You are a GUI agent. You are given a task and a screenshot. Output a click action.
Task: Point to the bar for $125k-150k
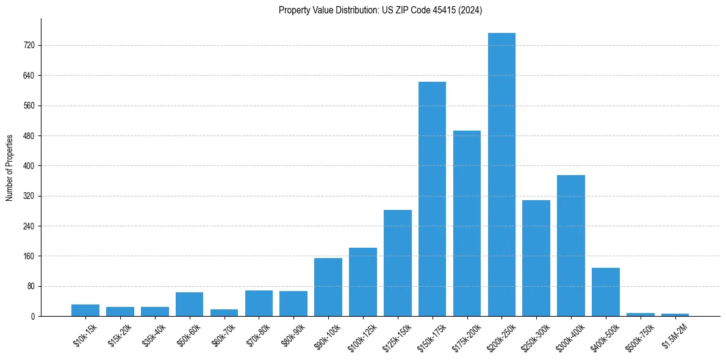[x=397, y=263]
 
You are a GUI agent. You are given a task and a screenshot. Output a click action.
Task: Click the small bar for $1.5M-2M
[x=675, y=315]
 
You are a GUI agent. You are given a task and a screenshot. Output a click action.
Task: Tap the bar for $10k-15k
[x=85, y=310]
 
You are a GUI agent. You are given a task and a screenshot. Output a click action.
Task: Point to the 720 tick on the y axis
[x=29, y=45]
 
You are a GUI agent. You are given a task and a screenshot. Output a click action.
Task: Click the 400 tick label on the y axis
[x=29, y=166]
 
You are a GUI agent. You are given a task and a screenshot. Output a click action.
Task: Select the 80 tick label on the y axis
[x=31, y=286]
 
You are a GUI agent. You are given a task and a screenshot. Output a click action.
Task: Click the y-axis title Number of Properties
[x=9, y=167]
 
